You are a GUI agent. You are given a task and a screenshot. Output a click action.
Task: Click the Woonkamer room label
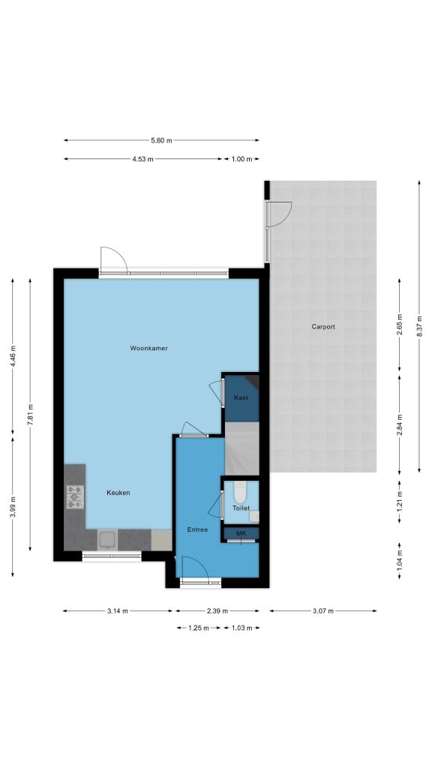coord(149,348)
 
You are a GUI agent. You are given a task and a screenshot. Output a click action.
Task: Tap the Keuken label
coord(118,493)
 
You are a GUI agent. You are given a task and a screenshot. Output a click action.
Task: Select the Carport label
coord(323,327)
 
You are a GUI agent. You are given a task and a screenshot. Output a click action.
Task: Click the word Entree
coord(198,529)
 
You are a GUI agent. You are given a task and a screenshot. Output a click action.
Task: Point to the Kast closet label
coord(241,397)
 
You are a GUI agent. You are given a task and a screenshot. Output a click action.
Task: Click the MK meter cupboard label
coord(241,533)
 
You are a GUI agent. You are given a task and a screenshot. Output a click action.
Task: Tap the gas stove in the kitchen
coord(75,496)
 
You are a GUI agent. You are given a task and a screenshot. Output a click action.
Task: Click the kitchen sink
coord(108,540)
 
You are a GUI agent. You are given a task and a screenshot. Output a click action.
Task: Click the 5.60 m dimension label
coord(162,140)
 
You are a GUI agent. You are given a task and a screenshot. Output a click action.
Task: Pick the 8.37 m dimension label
coord(419,327)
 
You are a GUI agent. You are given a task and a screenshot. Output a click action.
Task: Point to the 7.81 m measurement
coord(30,414)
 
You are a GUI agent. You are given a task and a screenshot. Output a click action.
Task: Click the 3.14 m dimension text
coord(118,610)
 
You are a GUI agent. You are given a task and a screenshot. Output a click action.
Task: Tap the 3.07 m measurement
coord(323,610)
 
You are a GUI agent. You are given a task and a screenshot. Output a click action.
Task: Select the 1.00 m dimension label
coord(241,159)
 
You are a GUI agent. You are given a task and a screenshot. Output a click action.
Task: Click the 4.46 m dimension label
coord(13,356)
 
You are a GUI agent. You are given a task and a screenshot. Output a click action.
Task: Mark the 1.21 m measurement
coord(400,502)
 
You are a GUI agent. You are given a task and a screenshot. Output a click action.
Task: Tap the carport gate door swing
coord(279,214)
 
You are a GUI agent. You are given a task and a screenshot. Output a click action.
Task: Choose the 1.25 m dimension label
coord(199,628)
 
